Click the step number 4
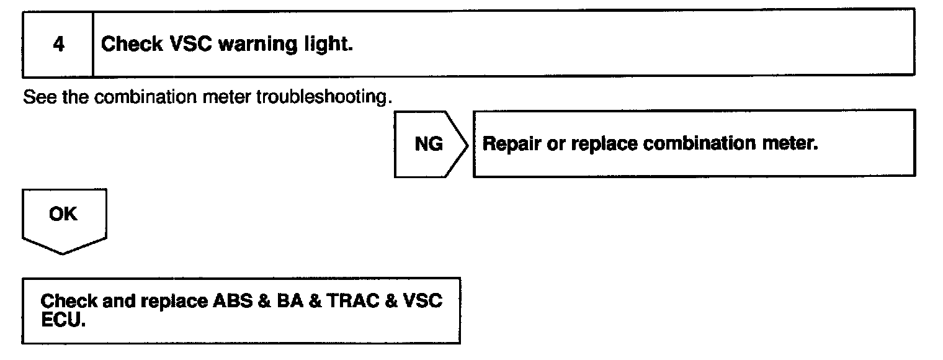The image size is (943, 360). (x=58, y=45)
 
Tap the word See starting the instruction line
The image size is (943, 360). (x=35, y=98)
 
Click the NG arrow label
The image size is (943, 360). (x=428, y=144)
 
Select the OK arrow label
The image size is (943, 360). (x=63, y=214)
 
